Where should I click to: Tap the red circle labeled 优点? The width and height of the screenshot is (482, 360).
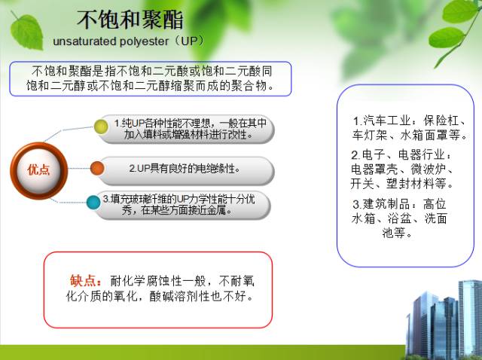click(x=38, y=169)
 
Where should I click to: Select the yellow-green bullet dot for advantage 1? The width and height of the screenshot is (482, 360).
click(x=101, y=127)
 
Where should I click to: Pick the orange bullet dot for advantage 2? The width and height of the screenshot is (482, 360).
click(x=97, y=168)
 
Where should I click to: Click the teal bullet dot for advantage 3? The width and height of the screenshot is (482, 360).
click(x=93, y=202)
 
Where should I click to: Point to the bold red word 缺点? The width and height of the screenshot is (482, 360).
click(x=84, y=280)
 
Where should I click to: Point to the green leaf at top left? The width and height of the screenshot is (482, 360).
click(x=27, y=30)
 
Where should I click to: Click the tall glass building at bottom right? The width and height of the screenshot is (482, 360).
click(x=469, y=316)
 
